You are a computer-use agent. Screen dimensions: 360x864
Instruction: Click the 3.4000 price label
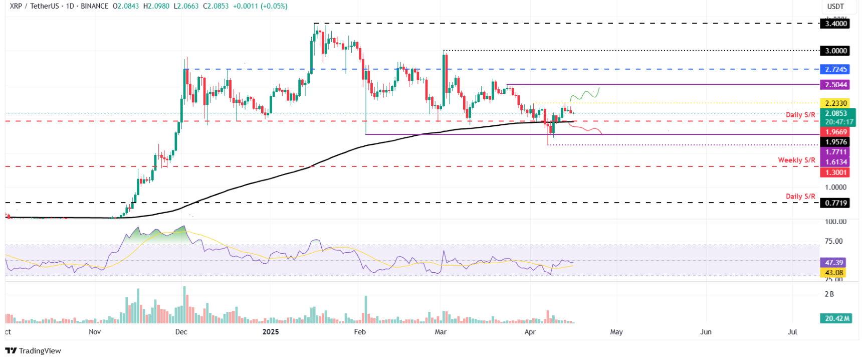835,24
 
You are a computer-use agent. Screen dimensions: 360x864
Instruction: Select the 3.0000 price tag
835,51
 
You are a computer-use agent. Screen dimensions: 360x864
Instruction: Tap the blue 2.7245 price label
835,70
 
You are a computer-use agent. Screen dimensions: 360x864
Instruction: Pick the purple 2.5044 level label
835,85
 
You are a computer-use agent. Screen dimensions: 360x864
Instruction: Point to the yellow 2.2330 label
835,103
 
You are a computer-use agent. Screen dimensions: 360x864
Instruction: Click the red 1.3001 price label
835,172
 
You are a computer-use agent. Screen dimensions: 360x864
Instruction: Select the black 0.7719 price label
835,203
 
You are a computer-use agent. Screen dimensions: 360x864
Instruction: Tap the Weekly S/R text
796,160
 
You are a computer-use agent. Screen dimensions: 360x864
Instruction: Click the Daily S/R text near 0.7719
800,197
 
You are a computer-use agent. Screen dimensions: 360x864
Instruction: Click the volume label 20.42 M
835,318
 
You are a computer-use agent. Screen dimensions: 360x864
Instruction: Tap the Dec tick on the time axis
181,332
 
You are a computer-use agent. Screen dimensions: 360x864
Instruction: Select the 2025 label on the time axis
271,332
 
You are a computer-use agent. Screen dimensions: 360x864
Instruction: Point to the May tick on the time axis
616,332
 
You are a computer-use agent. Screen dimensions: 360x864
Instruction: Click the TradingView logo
33,350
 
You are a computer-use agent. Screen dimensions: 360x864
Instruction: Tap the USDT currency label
835,7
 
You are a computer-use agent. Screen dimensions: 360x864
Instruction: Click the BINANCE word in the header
94,6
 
